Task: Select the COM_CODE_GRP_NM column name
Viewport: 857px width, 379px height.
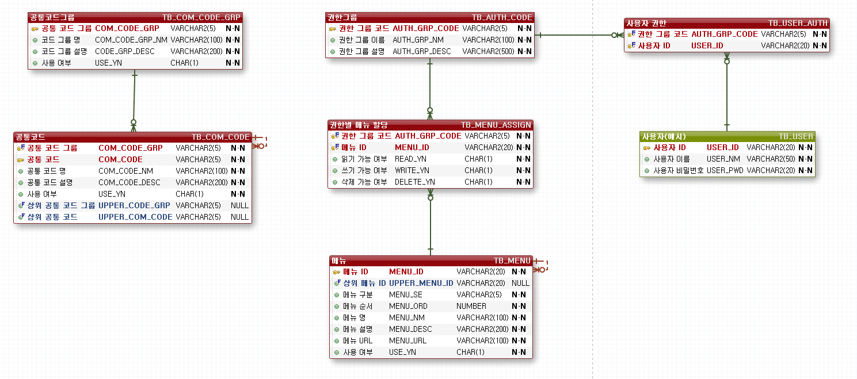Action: tap(131, 40)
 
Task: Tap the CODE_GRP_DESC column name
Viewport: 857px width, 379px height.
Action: tap(125, 51)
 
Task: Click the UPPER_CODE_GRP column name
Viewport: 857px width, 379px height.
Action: tap(134, 205)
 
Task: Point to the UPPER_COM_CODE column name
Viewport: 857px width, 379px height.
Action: tap(135, 217)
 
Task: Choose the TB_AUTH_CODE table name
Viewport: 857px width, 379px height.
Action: tap(502, 17)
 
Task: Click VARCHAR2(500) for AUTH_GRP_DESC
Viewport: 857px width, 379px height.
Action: tap(488, 51)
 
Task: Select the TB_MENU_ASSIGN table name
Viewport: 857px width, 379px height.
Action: tap(496, 125)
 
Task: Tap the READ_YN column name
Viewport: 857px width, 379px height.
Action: tap(410, 159)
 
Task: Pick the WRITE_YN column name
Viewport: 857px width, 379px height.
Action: tap(412, 170)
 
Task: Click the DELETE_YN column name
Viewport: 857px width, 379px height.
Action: tap(414, 182)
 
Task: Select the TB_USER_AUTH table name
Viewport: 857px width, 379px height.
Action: tap(798, 23)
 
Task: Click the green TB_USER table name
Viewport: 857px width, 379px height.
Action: tap(795, 136)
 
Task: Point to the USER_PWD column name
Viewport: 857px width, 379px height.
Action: tap(725, 170)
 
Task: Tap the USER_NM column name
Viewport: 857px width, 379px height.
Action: tap(723, 159)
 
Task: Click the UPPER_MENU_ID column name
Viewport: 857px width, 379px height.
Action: tap(421, 283)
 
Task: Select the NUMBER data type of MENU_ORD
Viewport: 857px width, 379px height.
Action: tap(471, 306)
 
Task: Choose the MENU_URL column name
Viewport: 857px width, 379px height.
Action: tap(407, 340)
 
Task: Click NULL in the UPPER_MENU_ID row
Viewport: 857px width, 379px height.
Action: tap(520, 283)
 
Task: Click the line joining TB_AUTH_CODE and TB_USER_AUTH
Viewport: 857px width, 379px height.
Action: tap(576, 35)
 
